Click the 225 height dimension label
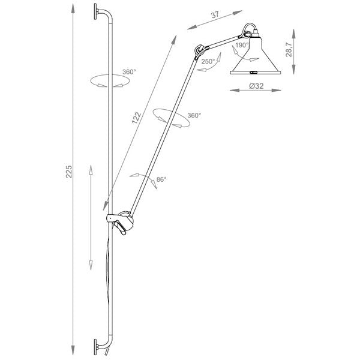(69, 172)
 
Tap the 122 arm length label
(136, 118)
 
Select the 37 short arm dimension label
(215, 14)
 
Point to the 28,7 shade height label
(289, 50)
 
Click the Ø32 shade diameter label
(256, 86)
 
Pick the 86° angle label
(161, 179)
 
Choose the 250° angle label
(208, 62)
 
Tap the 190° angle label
(242, 45)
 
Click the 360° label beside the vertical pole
(129, 72)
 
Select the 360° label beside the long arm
(194, 115)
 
